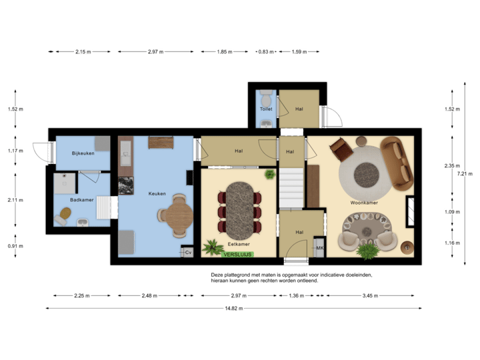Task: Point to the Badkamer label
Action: (x=82, y=199)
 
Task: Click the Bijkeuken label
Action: (x=83, y=153)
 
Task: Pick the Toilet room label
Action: (x=266, y=108)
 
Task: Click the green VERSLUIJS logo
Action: (x=239, y=254)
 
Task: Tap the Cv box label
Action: (x=188, y=252)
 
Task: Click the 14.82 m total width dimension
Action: (x=234, y=308)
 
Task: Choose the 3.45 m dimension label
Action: (x=370, y=295)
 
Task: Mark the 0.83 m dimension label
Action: (x=266, y=51)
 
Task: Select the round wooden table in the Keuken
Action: (x=178, y=215)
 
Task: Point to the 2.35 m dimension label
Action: (x=452, y=165)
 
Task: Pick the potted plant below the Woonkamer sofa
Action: (x=368, y=251)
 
